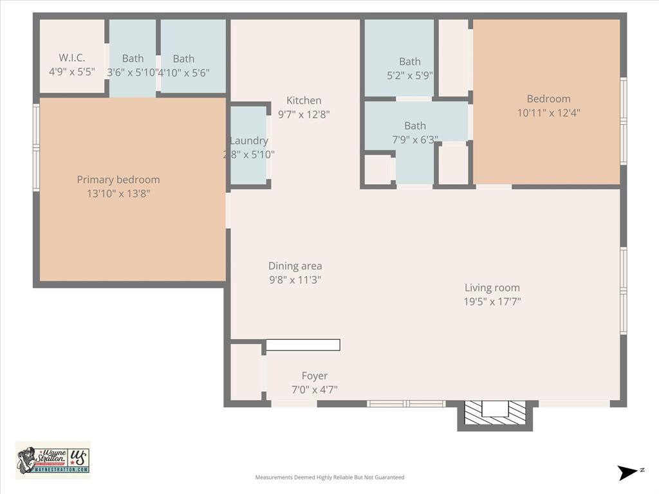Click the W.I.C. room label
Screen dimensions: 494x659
[x=71, y=58]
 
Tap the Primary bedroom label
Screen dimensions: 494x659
[x=118, y=179]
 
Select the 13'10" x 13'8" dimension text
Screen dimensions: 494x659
[x=118, y=193]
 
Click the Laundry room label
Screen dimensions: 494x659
[x=248, y=141]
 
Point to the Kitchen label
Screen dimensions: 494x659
[x=304, y=100]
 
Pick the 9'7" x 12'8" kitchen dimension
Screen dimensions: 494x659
[x=304, y=114]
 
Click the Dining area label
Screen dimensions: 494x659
[x=295, y=266]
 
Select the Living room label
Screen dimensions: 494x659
[x=492, y=288]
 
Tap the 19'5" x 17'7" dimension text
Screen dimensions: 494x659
[x=492, y=301]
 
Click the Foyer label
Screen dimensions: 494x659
[x=315, y=376]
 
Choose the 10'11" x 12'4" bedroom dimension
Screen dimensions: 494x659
[x=548, y=113]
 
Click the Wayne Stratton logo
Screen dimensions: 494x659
[x=53, y=460]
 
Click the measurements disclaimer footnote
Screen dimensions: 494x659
[x=329, y=477]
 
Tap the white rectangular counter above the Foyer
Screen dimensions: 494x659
[x=303, y=345]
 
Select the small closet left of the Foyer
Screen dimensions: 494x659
[x=246, y=372]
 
